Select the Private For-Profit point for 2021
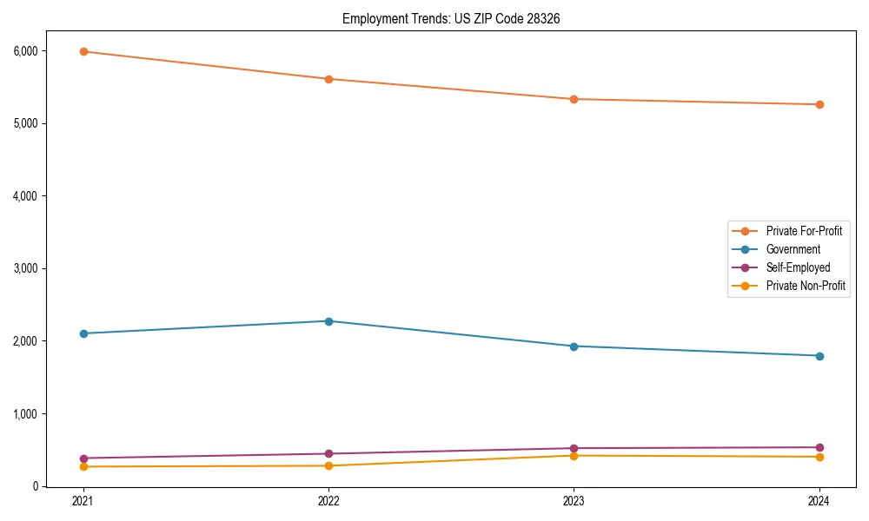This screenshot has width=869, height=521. tap(83, 51)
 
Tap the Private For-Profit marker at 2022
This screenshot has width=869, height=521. tap(328, 79)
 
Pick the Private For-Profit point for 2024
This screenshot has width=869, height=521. tap(819, 104)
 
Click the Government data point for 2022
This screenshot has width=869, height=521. tap(328, 321)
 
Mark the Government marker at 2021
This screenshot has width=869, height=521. tap(83, 333)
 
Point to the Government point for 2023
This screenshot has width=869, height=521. tap(574, 346)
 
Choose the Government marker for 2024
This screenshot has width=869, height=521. tap(819, 356)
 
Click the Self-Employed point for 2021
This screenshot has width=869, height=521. tap(83, 458)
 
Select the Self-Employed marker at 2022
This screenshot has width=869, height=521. tap(328, 453)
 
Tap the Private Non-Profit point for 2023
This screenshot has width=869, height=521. tap(574, 456)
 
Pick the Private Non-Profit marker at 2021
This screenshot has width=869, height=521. tap(83, 466)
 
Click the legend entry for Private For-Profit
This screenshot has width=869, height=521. tap(804, 231)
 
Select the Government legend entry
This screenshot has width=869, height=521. tap(793, 249)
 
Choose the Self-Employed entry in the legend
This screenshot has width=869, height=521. tap(798, 267)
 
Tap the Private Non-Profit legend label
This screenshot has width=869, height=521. tap(806, 286)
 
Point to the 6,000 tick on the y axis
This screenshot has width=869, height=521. tap(25, 51)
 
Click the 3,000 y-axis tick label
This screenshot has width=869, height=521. tap(25, 268)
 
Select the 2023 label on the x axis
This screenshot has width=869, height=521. tap(574, 501)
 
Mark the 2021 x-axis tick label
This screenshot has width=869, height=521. tap(83, 501)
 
